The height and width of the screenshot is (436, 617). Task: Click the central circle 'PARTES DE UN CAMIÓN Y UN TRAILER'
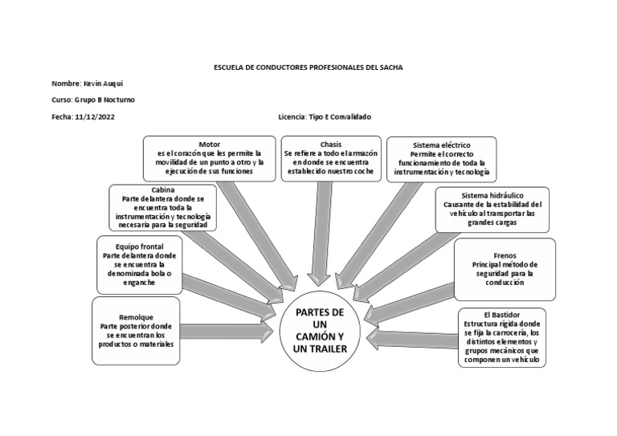[320, 331]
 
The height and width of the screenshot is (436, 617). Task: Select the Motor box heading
[210, 145]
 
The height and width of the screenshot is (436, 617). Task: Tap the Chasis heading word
[331, 145]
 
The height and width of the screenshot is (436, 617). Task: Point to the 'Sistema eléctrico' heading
[442, 145]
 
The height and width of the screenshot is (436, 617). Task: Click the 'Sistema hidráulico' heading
[492, 195]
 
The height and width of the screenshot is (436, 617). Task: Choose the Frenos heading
[505, 255]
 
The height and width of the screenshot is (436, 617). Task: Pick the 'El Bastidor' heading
[501, 315]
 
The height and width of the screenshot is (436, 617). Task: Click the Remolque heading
[136, 317]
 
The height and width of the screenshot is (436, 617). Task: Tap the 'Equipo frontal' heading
[139, 247]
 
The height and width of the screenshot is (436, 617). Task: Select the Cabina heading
[163, 189]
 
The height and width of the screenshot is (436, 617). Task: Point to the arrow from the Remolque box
[227, 332]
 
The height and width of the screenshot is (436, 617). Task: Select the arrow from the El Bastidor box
[412, 340]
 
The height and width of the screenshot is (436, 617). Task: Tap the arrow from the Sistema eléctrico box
[377, 236]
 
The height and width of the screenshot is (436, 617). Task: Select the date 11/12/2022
[95, 116]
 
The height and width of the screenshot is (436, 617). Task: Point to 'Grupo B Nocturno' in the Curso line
[104, 100]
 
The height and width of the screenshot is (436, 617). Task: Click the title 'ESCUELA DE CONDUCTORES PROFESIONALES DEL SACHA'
[308, 67]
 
